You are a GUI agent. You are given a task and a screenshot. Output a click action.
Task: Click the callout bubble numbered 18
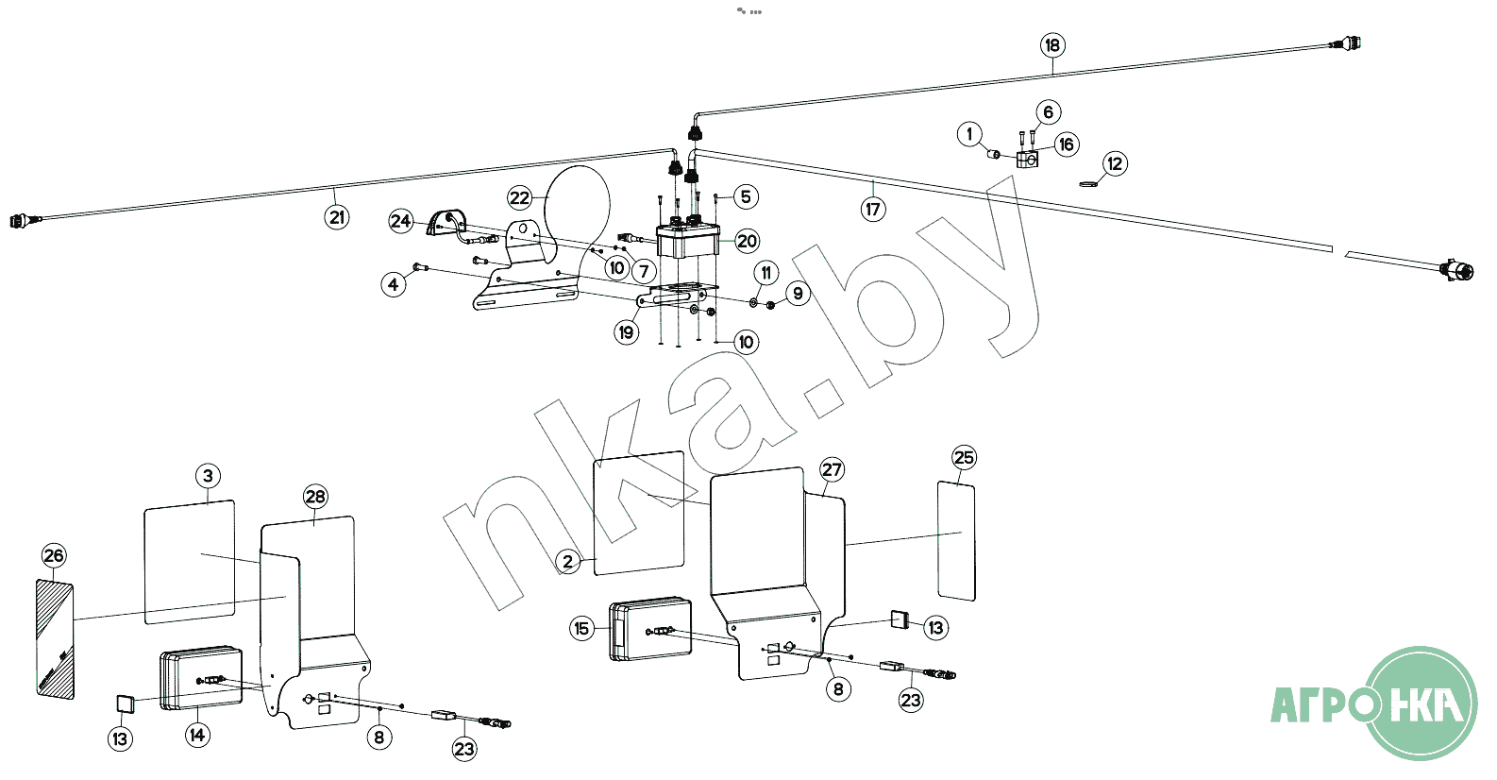point(1052,44)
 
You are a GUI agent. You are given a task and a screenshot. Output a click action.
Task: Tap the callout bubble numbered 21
point(337,217)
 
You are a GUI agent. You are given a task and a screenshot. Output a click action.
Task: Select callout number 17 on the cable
point(874,209)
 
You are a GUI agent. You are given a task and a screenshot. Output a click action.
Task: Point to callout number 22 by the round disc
point(520,197)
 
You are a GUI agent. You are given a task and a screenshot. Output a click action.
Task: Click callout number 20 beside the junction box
point(747,241)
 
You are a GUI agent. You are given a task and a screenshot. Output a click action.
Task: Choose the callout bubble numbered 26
point(54,555)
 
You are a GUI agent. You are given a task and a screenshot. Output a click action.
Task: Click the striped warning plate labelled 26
point(54,640)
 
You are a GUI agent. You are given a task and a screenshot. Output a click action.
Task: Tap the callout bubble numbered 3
point(209,475)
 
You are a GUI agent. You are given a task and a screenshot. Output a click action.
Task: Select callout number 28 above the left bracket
point(315,497)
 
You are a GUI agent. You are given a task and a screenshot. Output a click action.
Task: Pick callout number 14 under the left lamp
point(197,735)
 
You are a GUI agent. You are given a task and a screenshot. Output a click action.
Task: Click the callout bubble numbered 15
point(581,628)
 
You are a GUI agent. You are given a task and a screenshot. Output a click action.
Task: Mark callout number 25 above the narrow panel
point(964,458)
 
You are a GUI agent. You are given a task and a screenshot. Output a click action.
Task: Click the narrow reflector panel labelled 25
point(956,540)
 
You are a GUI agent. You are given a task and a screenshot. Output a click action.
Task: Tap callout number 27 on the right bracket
point(832,469)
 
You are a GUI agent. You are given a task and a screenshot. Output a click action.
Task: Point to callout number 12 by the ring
point(1116,163)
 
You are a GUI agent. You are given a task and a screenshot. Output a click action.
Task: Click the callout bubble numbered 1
point(969,134)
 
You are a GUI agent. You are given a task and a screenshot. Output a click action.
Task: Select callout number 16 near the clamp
point(1067,144)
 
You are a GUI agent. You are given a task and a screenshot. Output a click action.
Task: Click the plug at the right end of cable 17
point(1458,272)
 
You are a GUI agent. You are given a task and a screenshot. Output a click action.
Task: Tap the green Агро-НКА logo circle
point(1421,703)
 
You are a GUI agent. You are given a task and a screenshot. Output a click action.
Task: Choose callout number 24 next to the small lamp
point(401,221)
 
